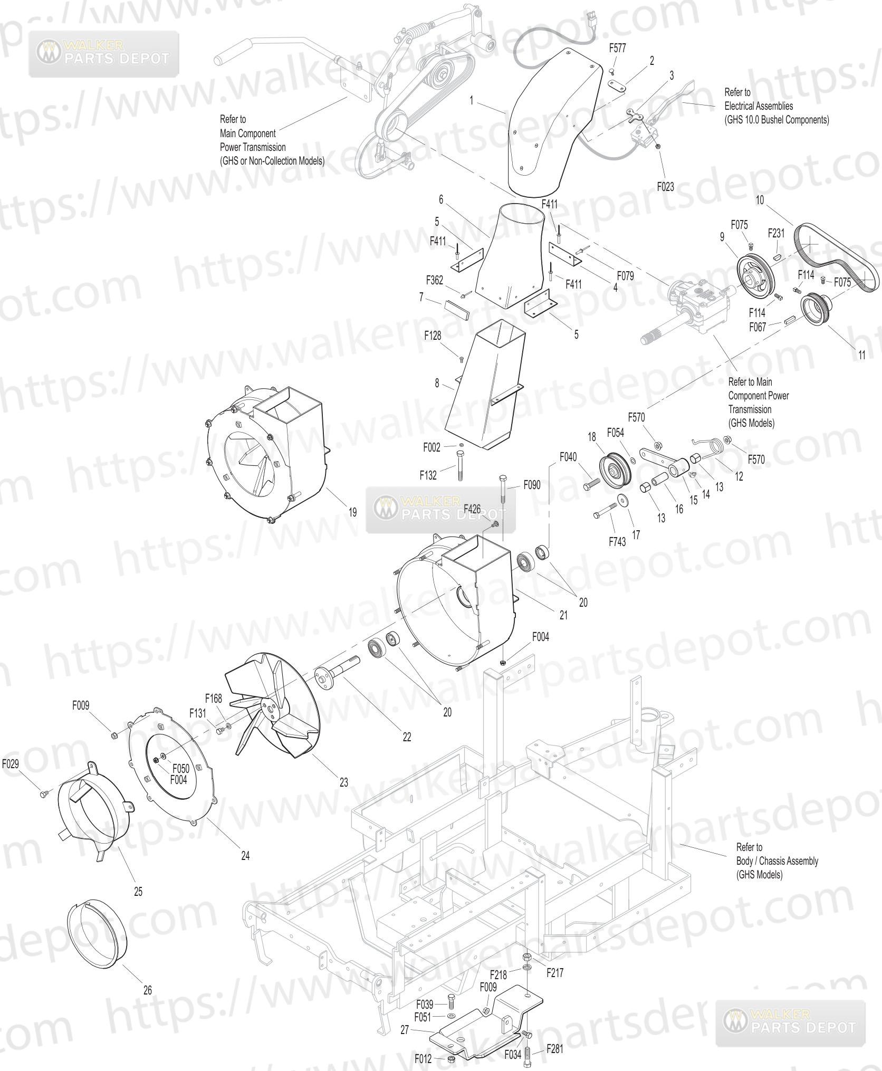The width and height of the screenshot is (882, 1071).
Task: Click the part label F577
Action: pyautogui.click(x=617, y=48)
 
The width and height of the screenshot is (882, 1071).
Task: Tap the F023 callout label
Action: pyautogui.click(x=665, y=187)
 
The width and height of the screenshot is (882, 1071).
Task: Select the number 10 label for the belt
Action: pyautogui.click(x=760, y=200)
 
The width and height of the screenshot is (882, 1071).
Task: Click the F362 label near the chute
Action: pyautogui.click(x=434, y=280)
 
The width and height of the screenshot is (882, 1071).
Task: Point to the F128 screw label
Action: pyautogui.click(x=433, y=335)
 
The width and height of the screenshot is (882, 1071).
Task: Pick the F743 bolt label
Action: pyautogui.click(x=617, y=541)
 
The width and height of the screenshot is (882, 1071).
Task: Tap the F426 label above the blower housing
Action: pyautogui.click(x=472, y=509)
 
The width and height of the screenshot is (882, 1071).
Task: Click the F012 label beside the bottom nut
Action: pyautogui.click(x=424, y=1058)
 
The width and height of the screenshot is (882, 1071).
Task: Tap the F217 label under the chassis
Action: pyautogui.click(x=555, y=972)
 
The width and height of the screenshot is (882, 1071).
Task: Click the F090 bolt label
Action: pyautogui.click(x=532, y=485)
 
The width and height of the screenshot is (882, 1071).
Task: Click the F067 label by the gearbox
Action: pyautogui.click(x=758, y=328)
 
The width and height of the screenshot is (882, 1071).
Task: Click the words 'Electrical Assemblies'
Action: pyautogui.click(x=759, y=106)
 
